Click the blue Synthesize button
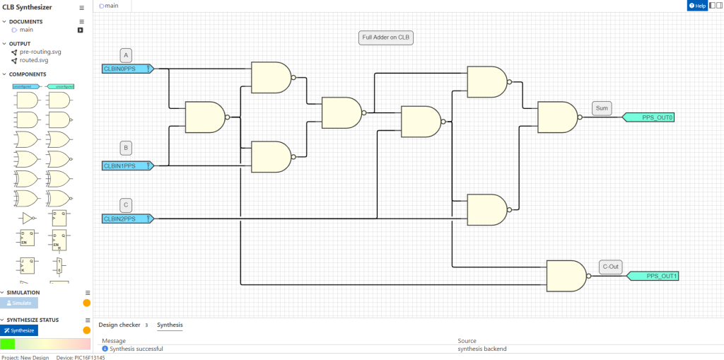(19, 330)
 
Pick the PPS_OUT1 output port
(653, 276)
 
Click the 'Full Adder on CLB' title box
(386, 37)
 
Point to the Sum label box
(602, 108)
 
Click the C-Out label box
(610, 267)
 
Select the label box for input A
(126, 54)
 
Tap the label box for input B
(126, 149)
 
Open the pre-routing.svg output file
(40, 52)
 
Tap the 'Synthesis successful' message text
(136, 349)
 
